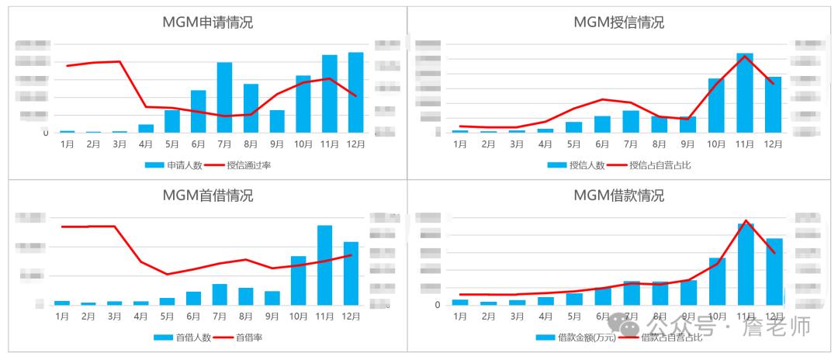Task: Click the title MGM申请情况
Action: pos(207,22)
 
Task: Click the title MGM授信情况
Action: pos(618,22)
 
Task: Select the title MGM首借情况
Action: pos(207,196)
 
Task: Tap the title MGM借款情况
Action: pos(618,196)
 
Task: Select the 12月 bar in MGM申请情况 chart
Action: pos(355,93)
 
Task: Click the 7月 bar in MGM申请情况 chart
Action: pos(224,98)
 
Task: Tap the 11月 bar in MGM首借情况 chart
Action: pos(324,265)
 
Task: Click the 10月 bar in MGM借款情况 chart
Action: pos(717,281)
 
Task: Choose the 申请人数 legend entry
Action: pos(176,164)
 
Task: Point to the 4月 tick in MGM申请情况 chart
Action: pos(146,144)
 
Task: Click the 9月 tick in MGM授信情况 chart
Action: pos(687,144)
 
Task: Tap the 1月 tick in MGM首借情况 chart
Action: pos(62,316)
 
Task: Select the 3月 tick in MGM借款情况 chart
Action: pos(517,316)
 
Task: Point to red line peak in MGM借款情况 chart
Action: pos(746,220)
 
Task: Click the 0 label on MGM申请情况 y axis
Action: pos(45,133)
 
